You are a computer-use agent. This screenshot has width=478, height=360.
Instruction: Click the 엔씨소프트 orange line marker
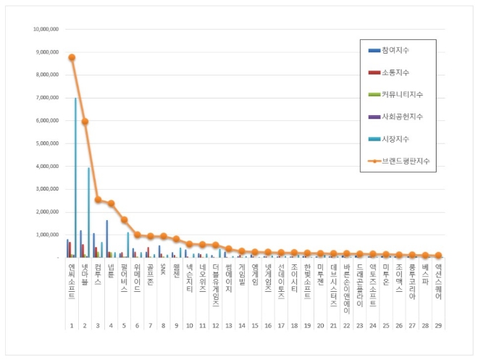72,57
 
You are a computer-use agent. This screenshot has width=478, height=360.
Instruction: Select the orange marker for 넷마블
85,122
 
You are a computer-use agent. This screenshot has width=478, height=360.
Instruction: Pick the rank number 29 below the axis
438,306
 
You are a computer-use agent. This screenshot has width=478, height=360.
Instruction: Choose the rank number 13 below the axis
229,306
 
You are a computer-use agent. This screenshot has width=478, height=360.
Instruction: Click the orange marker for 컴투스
98,199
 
